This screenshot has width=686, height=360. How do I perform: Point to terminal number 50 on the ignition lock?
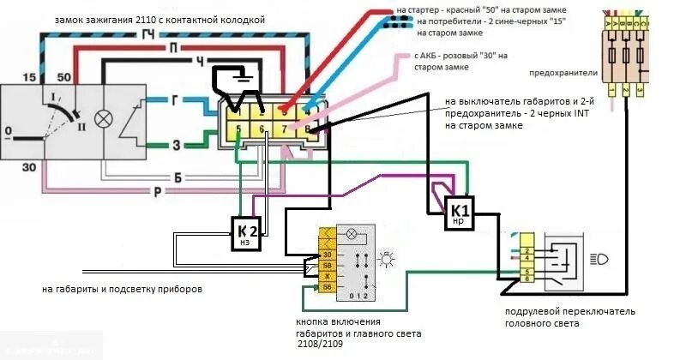[x=63, y=77]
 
